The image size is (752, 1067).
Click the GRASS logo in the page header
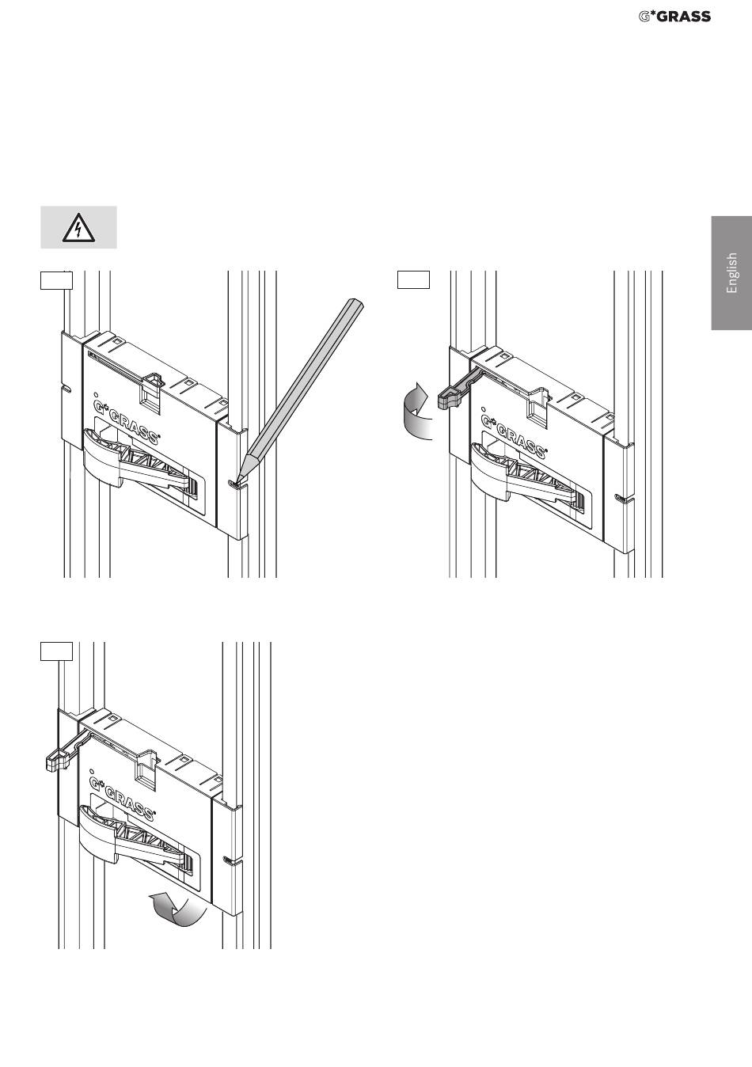click(x=674, y=17)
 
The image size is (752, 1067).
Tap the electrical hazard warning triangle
click(x=78, y=227)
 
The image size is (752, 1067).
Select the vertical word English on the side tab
click(x=731, y=273)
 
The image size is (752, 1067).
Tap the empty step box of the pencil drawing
click(x=56, y=280)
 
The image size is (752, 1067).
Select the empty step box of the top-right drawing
click(x=413, y=279)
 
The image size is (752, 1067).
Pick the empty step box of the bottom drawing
click(x=56, y=651)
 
